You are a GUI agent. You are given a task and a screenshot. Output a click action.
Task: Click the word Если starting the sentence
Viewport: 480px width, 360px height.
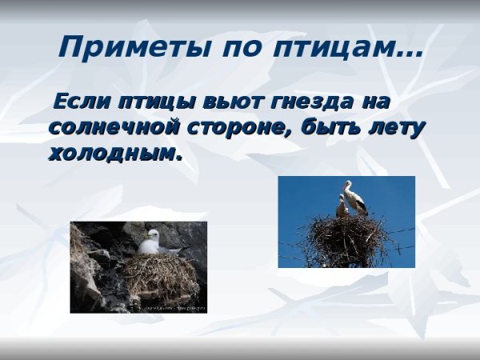pyautogui.click(x=82, y=102)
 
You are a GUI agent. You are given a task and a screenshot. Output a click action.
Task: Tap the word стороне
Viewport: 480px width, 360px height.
pyautogui.click(x=234, y=127)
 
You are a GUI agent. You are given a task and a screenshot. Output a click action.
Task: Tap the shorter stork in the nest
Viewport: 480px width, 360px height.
pyautogui.click(x=342, y=207)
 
